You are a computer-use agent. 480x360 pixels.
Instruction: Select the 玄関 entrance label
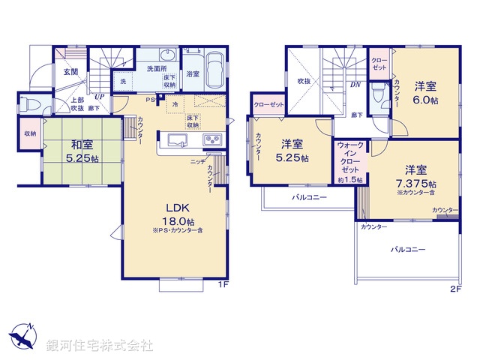[70, 72]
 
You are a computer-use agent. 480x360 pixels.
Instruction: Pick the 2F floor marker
[455, 288]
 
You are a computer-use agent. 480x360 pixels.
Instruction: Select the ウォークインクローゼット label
[350, 157]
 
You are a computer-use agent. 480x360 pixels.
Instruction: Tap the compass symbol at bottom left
[23, 335]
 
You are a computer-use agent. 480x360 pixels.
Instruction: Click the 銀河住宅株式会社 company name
[99, 345]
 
